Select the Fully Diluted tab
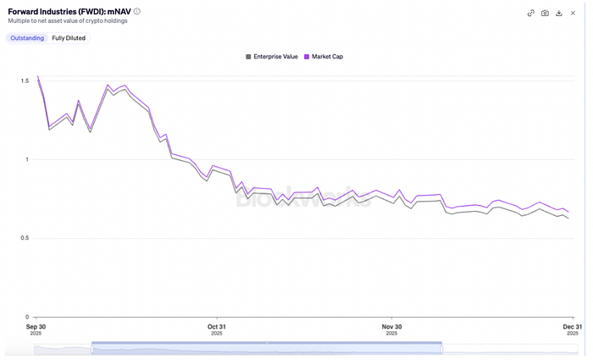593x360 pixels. tap(69, 38)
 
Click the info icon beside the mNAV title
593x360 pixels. tap(137, 11)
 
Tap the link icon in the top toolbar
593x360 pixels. tap(531, 13)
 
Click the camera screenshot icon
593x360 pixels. tap(545, 13)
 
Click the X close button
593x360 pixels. tap(574, 13)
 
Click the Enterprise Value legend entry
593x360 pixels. tap(272, 57)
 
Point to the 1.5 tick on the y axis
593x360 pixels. tap(24, 80)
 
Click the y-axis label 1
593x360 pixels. tap(26, 159)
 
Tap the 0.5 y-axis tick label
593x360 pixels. tap(24, 238)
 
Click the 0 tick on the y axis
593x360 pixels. tap(26, 317)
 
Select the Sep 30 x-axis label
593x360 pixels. tap(36, 326)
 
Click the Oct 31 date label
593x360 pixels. tap(216, 326)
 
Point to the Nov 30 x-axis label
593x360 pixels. tap(391, 326)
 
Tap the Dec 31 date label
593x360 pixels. tap(572, 326)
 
